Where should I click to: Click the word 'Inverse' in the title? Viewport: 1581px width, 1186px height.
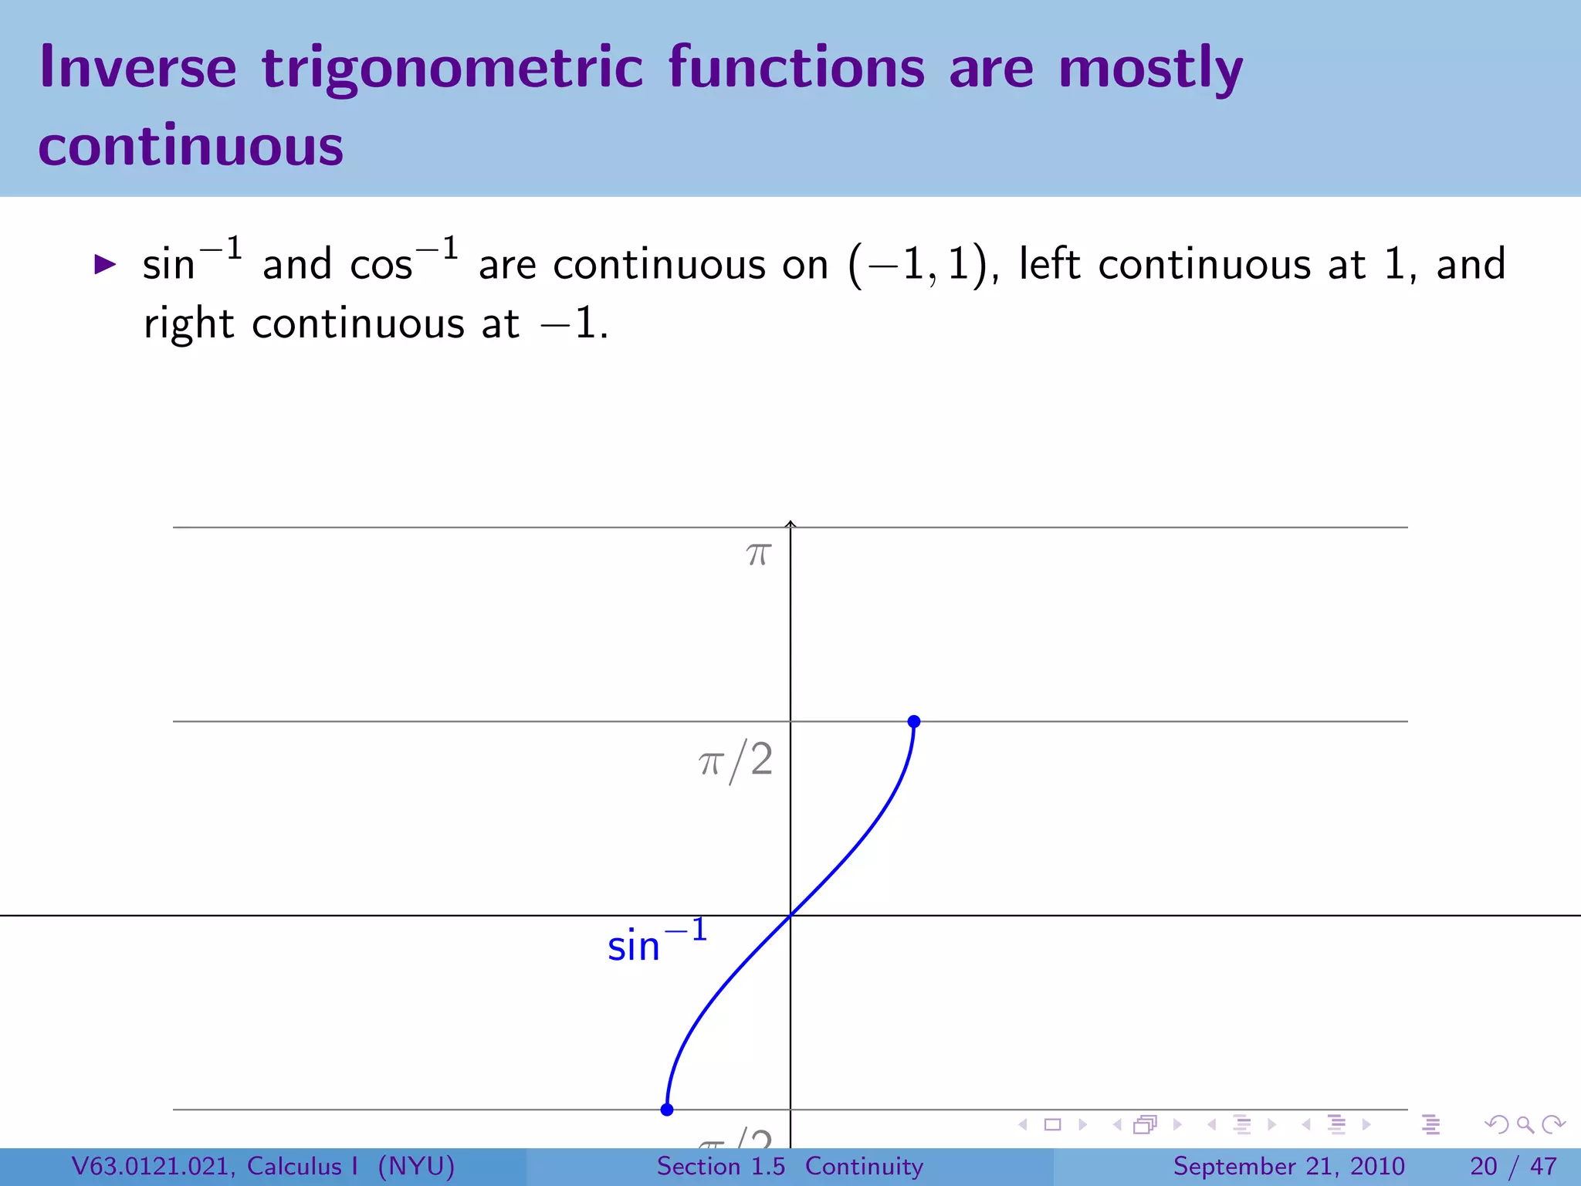coord(137,68)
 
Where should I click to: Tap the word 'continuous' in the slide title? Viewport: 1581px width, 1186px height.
coord(191,146)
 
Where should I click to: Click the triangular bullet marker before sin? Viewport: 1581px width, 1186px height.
coord(104,265)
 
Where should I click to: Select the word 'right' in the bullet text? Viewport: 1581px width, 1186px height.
coord(188,324)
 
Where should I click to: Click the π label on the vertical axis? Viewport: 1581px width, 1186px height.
coord(759,554)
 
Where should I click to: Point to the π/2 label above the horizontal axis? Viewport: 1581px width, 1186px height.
coord(736,760)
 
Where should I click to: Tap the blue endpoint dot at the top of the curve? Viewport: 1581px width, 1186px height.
coord(914,722)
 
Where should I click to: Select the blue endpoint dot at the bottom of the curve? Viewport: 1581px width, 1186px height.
coord(667,1110)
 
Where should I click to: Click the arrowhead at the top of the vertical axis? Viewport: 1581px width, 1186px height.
coord(790,525)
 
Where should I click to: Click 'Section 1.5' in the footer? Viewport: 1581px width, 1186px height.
coord(720,1166)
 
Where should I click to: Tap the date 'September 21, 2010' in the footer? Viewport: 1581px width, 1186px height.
coord(1288,1166)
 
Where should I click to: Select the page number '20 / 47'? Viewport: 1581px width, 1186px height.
coord(1513,1166)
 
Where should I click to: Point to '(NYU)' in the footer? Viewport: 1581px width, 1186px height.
coord(416,1166)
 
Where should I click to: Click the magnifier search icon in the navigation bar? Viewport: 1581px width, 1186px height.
coord(1525,1125)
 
